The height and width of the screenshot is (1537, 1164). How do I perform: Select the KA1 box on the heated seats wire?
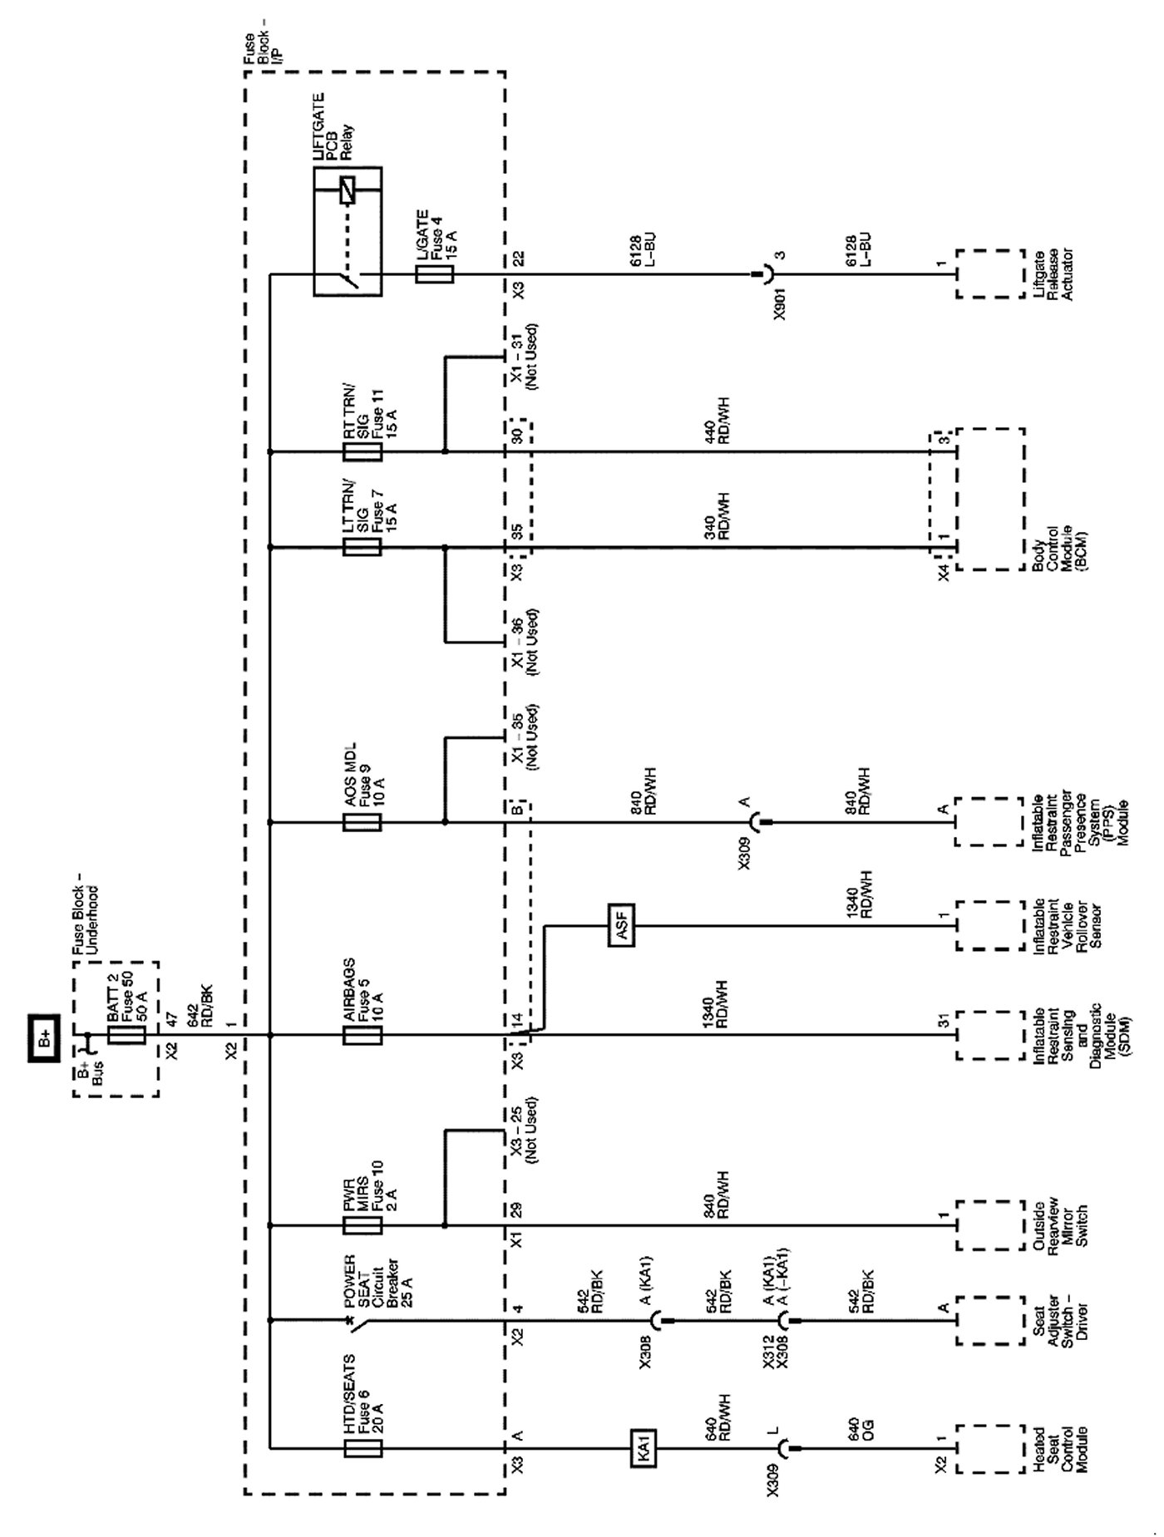pyautogui.click(x=644, y=1449)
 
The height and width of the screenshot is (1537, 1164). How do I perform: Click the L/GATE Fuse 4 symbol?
pyautogui.click(x=434, y=273)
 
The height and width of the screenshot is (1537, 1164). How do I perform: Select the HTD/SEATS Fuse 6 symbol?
pyautogui.click(x=363, y=1449)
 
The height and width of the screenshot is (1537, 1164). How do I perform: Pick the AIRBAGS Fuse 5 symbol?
pyautogui.click(x=363, y=1035)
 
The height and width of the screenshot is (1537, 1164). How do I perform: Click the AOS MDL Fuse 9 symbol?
pyautogui.click(x=363, y=823)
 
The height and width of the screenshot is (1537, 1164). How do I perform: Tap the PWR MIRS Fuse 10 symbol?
pyautogui.click(x=363, y=1224)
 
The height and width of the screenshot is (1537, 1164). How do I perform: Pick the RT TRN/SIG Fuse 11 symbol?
pyautogui.click(x=363, y=452)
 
